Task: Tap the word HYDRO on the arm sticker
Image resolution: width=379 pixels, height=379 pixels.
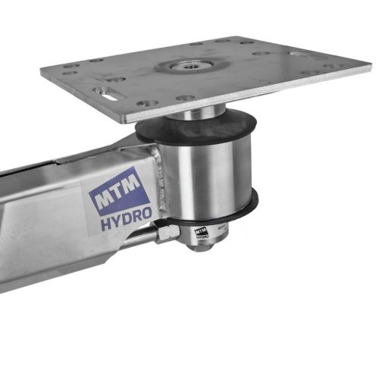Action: [x=127, y=218]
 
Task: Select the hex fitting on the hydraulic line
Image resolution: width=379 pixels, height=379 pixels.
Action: [x=168, y=233]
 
